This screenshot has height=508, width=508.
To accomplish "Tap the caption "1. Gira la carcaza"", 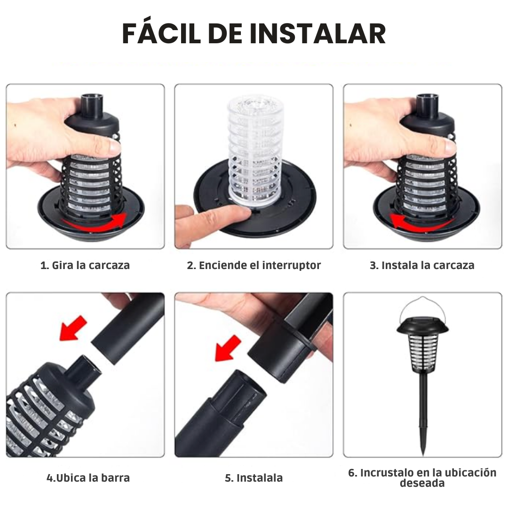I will pyautogui.click(x=85, y=265).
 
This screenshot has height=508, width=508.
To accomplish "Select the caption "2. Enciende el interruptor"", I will pyautogui.click(x=254, y=265).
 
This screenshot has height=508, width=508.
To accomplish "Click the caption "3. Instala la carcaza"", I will pyautogui.click(x=422, y=265).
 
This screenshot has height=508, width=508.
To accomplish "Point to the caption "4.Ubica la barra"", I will pyautogui.click(x=88, y=478).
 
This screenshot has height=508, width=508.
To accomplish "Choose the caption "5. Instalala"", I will pyautogui.click(x=254, y=478).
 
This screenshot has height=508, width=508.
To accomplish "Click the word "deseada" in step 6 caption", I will pyautogui.click(x=422, y=484).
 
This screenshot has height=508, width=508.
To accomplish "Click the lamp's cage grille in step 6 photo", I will pyautogui.click(x=422, y=350).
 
